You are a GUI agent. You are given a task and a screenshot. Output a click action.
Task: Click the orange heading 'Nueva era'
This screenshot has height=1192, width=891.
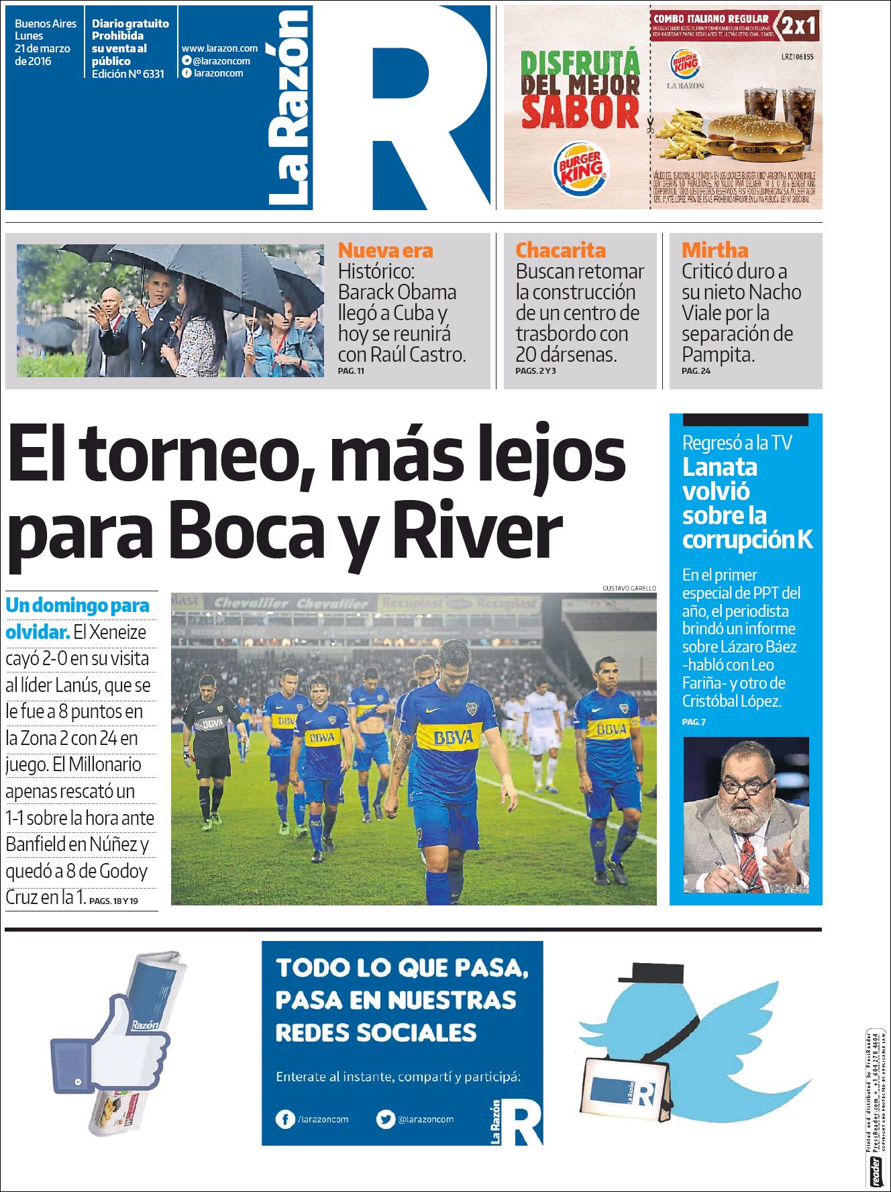(x=385, y=250)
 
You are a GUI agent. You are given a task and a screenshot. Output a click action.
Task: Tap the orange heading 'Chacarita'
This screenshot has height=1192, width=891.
(x=560, y=250)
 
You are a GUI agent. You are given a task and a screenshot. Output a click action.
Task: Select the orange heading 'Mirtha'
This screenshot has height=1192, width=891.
(x=715, y=250)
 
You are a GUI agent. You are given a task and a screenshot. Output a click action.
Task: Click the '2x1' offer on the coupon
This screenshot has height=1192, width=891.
(x=798, y=26)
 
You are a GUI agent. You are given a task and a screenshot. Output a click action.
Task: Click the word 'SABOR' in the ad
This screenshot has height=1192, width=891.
(x=580, y=112)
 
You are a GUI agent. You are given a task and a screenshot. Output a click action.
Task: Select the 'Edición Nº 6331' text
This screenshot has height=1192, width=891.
(x=127, y=74)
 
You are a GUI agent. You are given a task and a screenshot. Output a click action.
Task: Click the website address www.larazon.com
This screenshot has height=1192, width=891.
(x=219, y=48)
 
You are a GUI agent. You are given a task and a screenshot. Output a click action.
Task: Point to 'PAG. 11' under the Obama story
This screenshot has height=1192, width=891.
(x=351, y=370)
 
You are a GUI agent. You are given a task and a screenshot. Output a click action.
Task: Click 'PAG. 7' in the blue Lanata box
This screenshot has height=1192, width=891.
(x=694, y=722)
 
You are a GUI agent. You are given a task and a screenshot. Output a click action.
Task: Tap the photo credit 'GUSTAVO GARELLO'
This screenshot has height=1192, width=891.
(x=629, y=588)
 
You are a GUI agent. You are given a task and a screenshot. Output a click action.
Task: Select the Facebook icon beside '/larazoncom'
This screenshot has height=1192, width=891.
(x=285, y=1119)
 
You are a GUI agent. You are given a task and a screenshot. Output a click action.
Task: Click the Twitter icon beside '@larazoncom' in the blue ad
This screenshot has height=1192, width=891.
(x=385, y=1119)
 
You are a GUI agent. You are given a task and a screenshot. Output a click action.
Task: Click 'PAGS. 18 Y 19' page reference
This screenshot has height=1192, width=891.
(x=113, y=901)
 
